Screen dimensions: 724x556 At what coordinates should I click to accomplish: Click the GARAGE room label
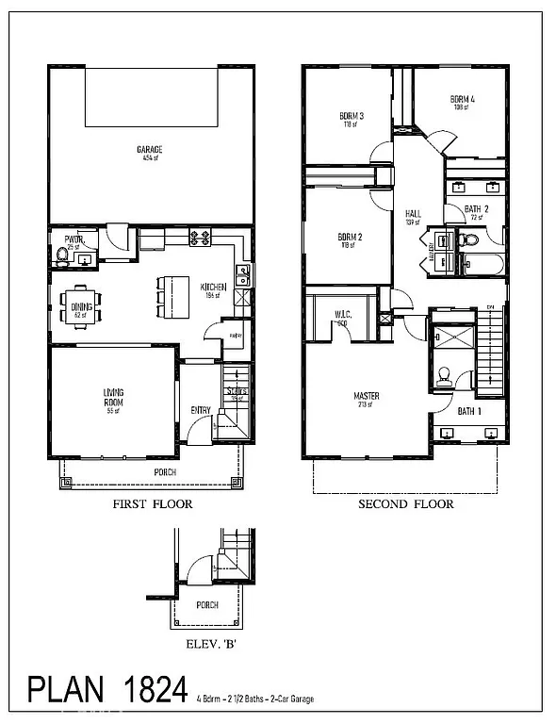(148, 150)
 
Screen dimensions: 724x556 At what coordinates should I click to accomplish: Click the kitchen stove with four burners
(199, 239)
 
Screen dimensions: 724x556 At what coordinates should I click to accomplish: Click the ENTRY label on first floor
(201, 409)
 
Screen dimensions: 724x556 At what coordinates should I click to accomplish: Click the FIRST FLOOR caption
(152, 504)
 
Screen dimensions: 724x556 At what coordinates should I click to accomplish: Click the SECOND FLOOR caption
(405, 504)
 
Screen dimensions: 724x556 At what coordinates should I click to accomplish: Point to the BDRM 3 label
(352, 119)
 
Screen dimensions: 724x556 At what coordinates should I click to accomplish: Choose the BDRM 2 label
(350, 239)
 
